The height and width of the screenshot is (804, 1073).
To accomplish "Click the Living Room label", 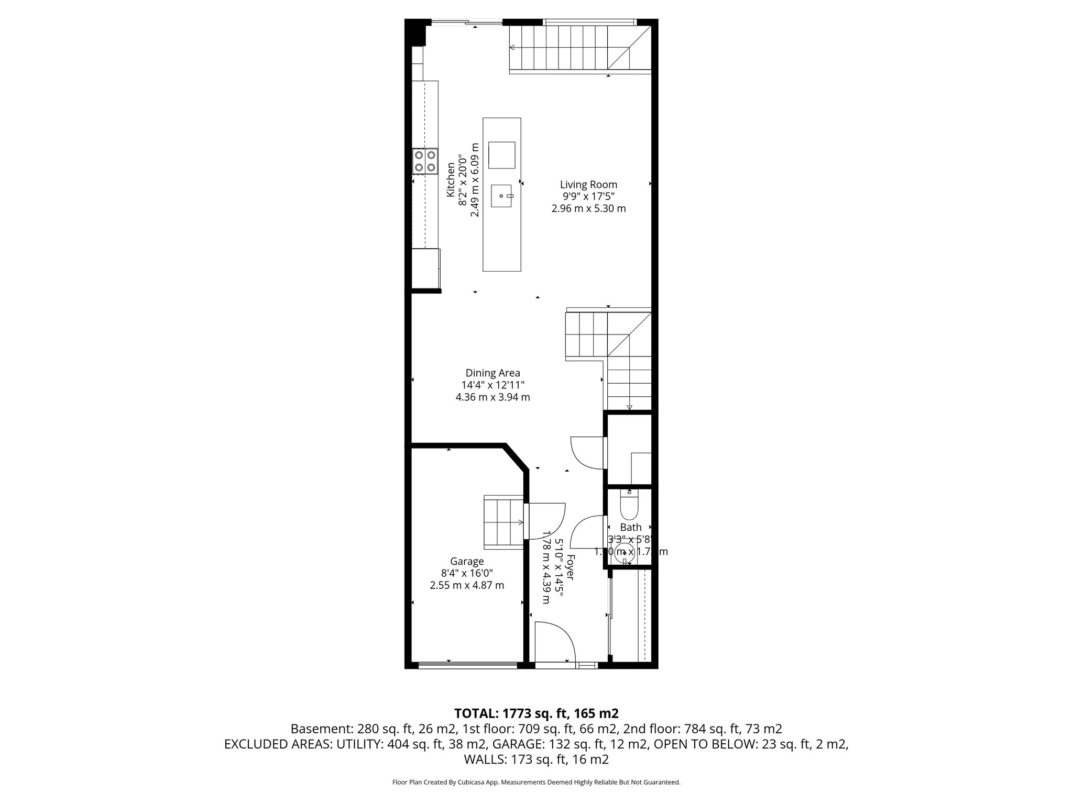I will [588, 184].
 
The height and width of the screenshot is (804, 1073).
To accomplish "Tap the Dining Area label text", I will [492, 373].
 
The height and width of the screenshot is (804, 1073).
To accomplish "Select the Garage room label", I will [466, 561].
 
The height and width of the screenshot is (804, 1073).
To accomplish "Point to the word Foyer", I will [571, 567].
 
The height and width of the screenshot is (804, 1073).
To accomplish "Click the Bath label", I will [630, 527].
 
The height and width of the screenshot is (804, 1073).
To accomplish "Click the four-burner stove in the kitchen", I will [425, 161].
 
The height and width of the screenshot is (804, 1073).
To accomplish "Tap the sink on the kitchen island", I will [502, 196].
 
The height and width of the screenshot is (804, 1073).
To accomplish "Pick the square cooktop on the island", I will [501, 155].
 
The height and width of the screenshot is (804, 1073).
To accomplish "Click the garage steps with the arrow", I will [503, 522].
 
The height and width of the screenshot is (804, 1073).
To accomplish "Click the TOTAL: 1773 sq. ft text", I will [536, 713].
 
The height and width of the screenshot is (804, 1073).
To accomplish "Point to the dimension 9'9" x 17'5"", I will [588, 196].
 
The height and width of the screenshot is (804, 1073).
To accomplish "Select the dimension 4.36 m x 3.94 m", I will [492, 397].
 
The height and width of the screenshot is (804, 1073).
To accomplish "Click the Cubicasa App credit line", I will [536, 782].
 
